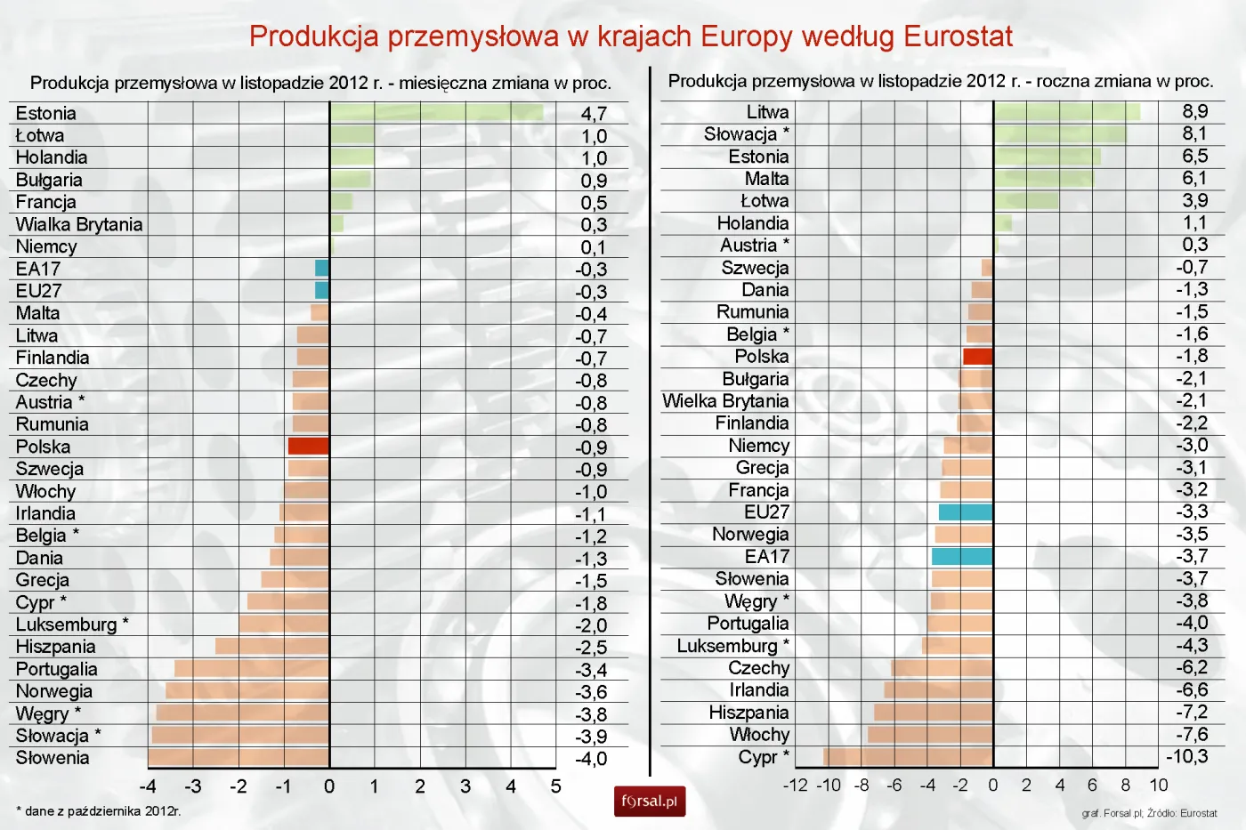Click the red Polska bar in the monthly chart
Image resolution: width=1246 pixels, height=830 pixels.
(309, 446)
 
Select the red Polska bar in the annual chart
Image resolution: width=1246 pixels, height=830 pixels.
(978, 356)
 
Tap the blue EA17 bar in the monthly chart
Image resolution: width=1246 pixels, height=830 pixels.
(322, 268)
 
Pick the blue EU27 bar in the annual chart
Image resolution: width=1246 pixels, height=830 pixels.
(966, 512)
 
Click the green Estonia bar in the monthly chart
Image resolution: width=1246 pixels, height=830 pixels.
(436, 112)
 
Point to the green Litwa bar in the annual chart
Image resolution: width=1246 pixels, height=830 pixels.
(1066, 111)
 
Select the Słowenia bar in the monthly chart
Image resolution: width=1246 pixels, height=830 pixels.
(239, 758)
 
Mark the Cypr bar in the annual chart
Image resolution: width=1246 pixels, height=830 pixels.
(908, 756)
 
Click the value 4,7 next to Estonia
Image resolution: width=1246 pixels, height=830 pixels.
(594, 114)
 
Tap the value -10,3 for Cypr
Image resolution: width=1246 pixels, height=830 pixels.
(1187, 756)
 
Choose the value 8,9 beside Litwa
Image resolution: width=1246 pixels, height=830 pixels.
(1194, 111)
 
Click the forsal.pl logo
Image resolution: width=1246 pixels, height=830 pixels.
(650, 801)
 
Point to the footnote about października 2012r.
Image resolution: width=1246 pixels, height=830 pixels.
(99, 811)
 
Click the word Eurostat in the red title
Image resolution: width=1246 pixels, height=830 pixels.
(958, 36)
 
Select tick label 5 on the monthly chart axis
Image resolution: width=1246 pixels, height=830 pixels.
(555, 786)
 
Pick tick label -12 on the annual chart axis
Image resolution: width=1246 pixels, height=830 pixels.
(795, 785)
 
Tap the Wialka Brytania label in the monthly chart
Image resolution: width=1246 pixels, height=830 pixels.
(79, 224)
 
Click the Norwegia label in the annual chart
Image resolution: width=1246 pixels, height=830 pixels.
(750, 534)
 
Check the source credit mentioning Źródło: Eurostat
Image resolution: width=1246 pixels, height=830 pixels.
(1149, 813)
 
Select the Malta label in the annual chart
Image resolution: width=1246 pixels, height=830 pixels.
(766, 178)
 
